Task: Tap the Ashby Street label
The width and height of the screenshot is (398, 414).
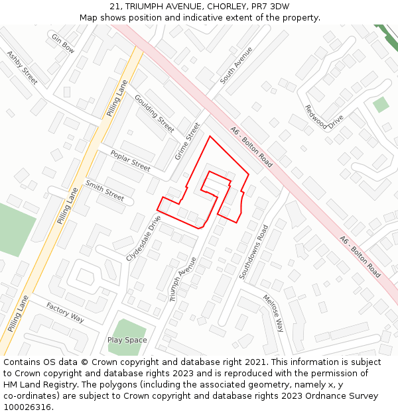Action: click(x=23, y=68)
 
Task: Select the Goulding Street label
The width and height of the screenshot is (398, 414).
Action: click(x=154, y=113)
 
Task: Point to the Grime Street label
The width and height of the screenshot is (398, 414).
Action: click(x=187, y=142)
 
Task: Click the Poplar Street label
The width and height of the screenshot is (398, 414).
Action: click(x=130, y=161)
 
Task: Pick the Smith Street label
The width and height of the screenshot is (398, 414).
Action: click(x=105, y=191)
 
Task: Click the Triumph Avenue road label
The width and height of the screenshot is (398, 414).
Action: click(x=183, y=279)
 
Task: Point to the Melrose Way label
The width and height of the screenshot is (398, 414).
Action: click(x=273, y=313)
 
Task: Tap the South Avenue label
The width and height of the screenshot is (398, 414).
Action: click(x=236, y=64)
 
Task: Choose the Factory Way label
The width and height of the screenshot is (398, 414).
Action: click(x=65, y=313)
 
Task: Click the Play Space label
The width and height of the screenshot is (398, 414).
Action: click(x=127, y=340)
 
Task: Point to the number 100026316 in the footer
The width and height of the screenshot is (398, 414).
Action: click(x=28, y=407)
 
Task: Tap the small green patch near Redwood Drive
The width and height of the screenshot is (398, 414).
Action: click(x=381, y=105)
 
